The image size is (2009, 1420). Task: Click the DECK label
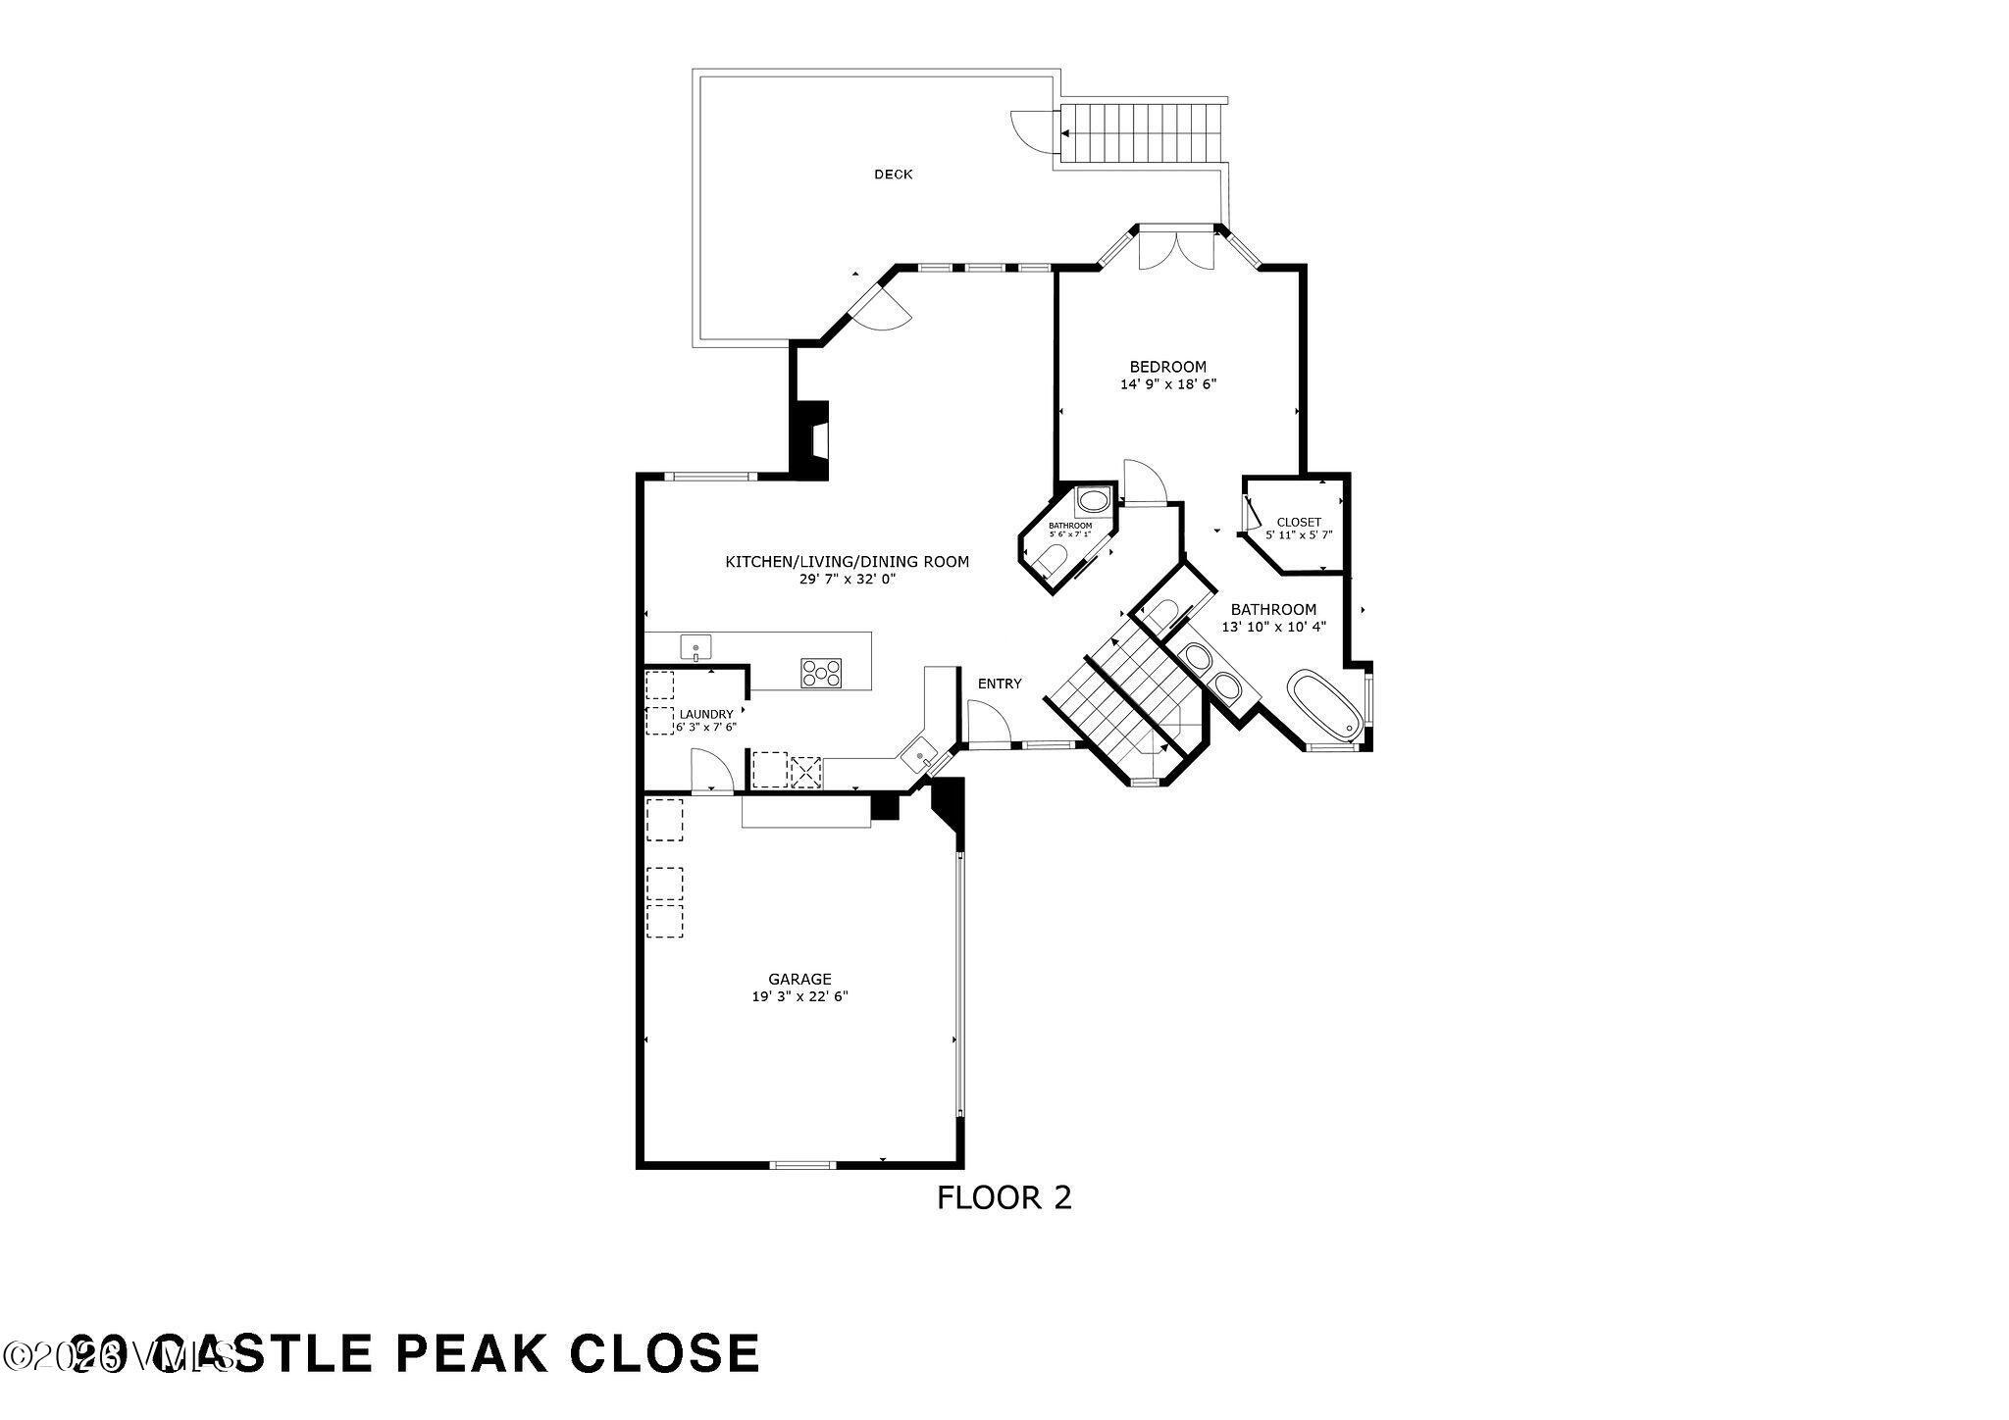pos(893,175)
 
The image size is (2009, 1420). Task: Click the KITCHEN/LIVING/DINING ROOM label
pos(847,562)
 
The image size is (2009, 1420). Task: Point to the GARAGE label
pos(799,979)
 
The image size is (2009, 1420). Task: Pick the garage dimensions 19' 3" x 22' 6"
pos(799,996)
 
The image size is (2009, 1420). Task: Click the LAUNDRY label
pos(706,714)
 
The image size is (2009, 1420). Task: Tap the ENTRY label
pos(1000,684)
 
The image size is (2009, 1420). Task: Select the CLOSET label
pos(1299,522)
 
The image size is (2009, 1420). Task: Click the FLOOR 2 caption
pos(1004,1197)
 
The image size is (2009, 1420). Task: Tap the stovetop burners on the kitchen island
pos(821,673)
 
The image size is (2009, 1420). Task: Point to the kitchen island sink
pos(695,647)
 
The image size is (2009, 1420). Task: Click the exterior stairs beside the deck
pos(1143,133)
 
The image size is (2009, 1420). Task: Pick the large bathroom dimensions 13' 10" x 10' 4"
pos(1273,627)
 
